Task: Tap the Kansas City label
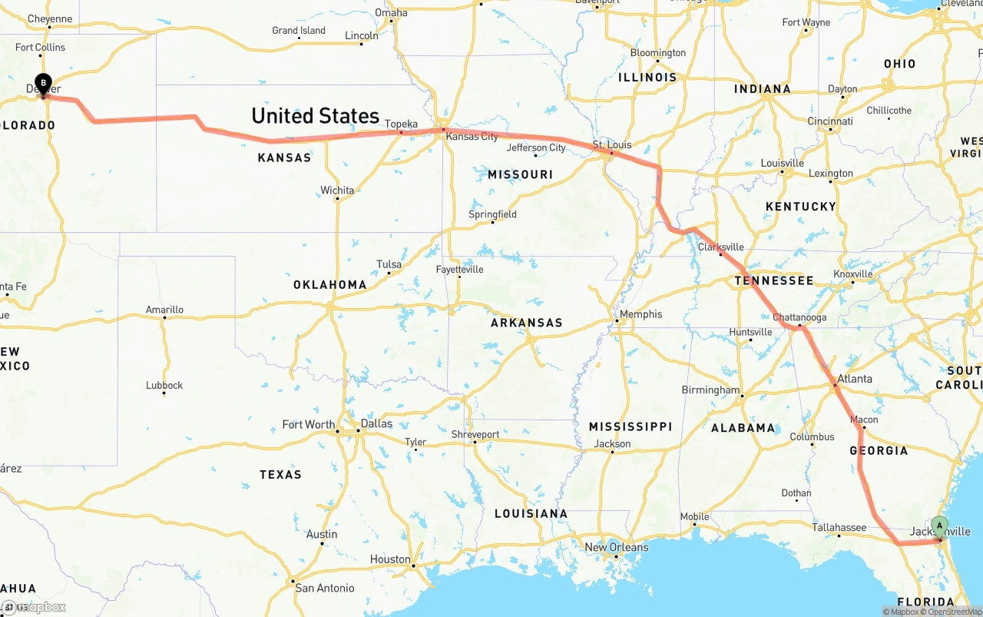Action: (x=472, y=137)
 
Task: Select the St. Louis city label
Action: (x=612, y=144)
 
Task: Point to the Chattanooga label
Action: (x=799, y=317)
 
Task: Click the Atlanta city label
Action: (x=854, y=378)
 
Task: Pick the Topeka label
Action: (x=401, y=124)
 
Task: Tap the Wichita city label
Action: (x=337, y=190)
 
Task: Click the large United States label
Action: (x=315, y=116)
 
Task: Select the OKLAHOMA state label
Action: (x=329, y=284)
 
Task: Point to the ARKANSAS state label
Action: (x=526, y=323)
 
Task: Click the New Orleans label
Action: (x=616, y=547)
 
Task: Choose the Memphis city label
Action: (x=640, y=313)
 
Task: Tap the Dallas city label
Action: (x=376, y=423)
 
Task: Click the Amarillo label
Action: (x=164, y=310)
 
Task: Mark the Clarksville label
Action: (x=720, y=247)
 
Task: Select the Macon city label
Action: (x=864, y=420)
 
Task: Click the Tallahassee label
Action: (x=839, y=527)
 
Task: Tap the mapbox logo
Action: (x=34, y=607)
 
